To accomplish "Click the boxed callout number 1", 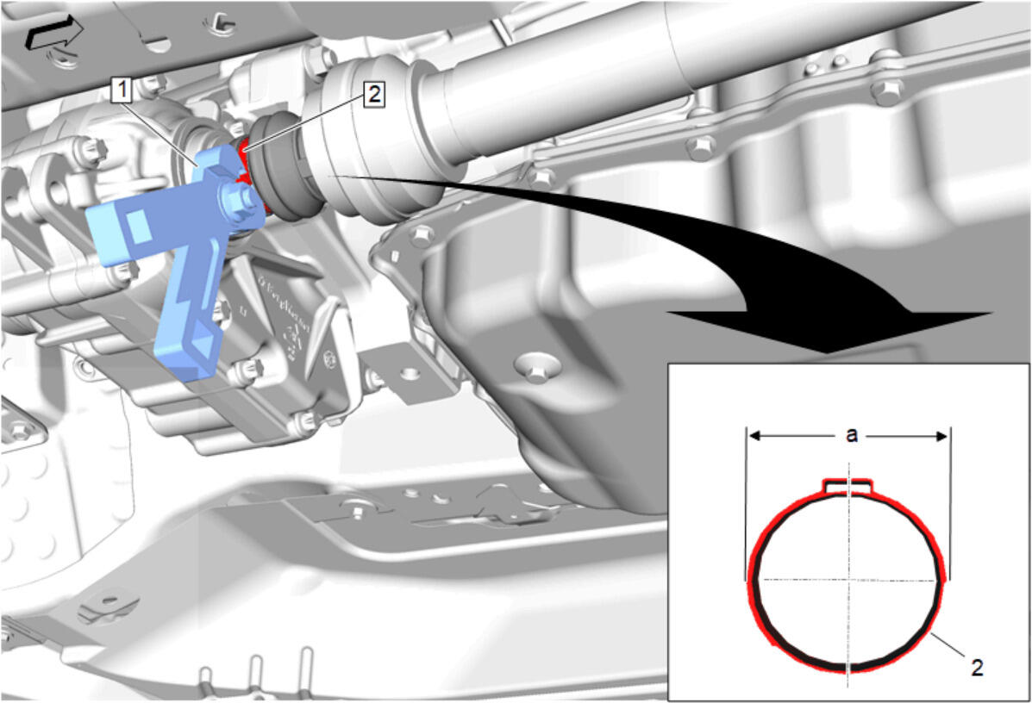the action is (122, 90).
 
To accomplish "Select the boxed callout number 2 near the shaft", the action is (374, 95).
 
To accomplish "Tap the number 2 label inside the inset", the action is (978, 668).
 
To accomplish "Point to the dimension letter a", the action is (852, 435).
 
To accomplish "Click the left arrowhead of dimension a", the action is (755, 435).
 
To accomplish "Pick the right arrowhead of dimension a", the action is (941, 435).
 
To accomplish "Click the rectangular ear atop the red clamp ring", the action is (848, 485).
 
